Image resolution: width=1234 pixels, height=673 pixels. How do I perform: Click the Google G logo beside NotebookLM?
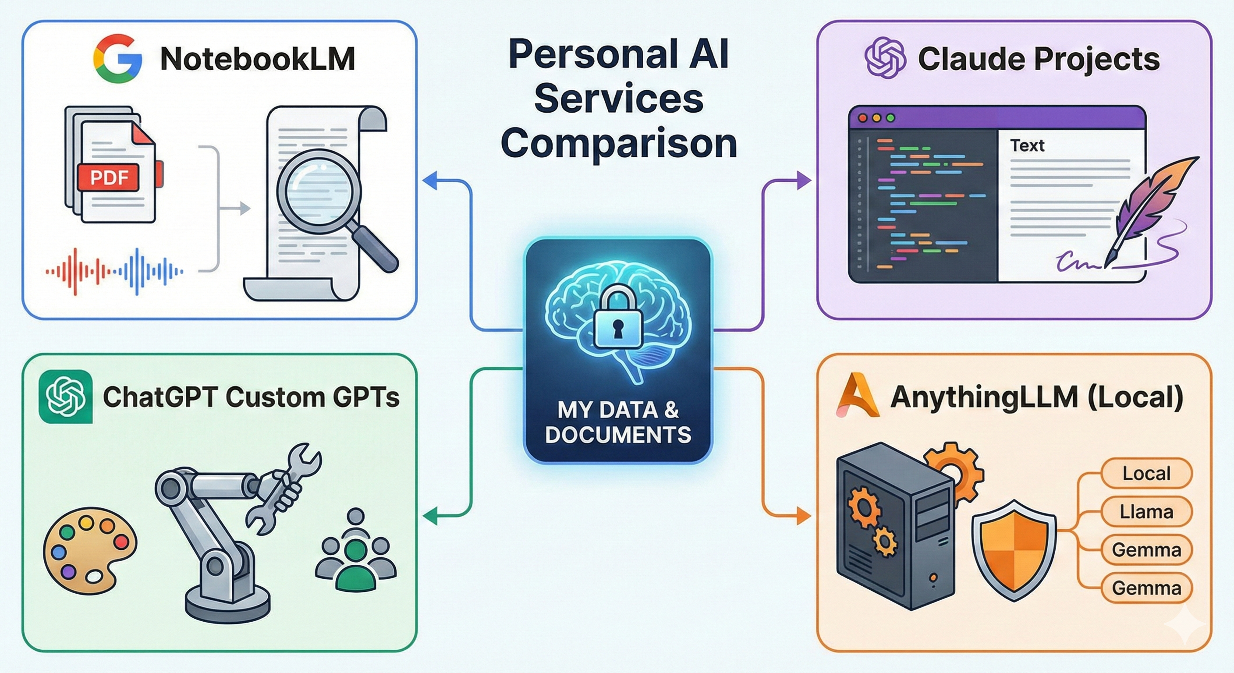(x=117, y=58)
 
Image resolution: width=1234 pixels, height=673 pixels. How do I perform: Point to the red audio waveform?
(x=77, y=271)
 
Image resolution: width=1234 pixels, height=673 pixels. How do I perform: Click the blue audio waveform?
(x=149, y=271)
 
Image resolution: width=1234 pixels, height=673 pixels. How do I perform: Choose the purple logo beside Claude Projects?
(x=885, y=58)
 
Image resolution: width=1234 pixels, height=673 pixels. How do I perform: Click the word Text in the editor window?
(x=1027, y=145)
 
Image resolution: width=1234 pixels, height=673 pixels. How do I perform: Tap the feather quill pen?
(x=1155, y=206)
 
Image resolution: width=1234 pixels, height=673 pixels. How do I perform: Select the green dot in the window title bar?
(x=890, y=118)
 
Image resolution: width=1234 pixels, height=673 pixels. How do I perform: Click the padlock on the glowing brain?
(x=618, y=319)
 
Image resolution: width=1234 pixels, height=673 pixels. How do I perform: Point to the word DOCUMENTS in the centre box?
(x=618, y=435)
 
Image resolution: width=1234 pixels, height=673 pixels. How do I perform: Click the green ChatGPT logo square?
(x=66, y=397)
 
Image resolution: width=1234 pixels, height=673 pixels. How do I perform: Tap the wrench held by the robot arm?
(x=283, y=489)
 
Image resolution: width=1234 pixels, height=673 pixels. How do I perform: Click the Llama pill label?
(x=1146, y=512)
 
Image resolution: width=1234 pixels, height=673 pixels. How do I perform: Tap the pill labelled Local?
(x=1146, y=473)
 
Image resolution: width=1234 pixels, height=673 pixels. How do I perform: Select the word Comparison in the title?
(x=618, y=143)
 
